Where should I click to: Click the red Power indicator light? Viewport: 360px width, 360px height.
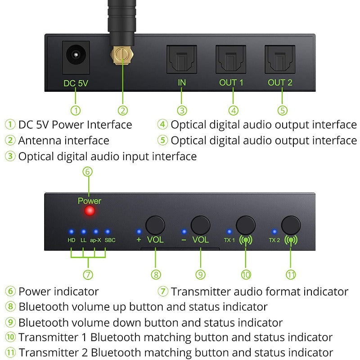coord(89,211)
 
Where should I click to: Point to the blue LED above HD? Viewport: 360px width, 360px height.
coord(72,232)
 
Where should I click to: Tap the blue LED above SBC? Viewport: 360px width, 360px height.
coord(108,232)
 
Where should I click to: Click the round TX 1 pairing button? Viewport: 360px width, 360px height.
coord(246,225)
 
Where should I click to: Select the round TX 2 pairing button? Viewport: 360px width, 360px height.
coord(291,225)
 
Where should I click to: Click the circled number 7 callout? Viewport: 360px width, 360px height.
coord(88,274)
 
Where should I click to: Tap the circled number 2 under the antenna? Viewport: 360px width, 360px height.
coord(123,110)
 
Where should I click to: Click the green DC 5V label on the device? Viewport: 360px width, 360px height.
coord(76,83)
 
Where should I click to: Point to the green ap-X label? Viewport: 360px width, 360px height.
coord(95,240)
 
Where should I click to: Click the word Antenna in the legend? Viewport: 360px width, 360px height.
coord(40,140)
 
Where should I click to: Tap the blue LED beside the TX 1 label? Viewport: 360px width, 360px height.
coord(229,232)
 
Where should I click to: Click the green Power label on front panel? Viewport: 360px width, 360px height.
coord(90,201)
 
